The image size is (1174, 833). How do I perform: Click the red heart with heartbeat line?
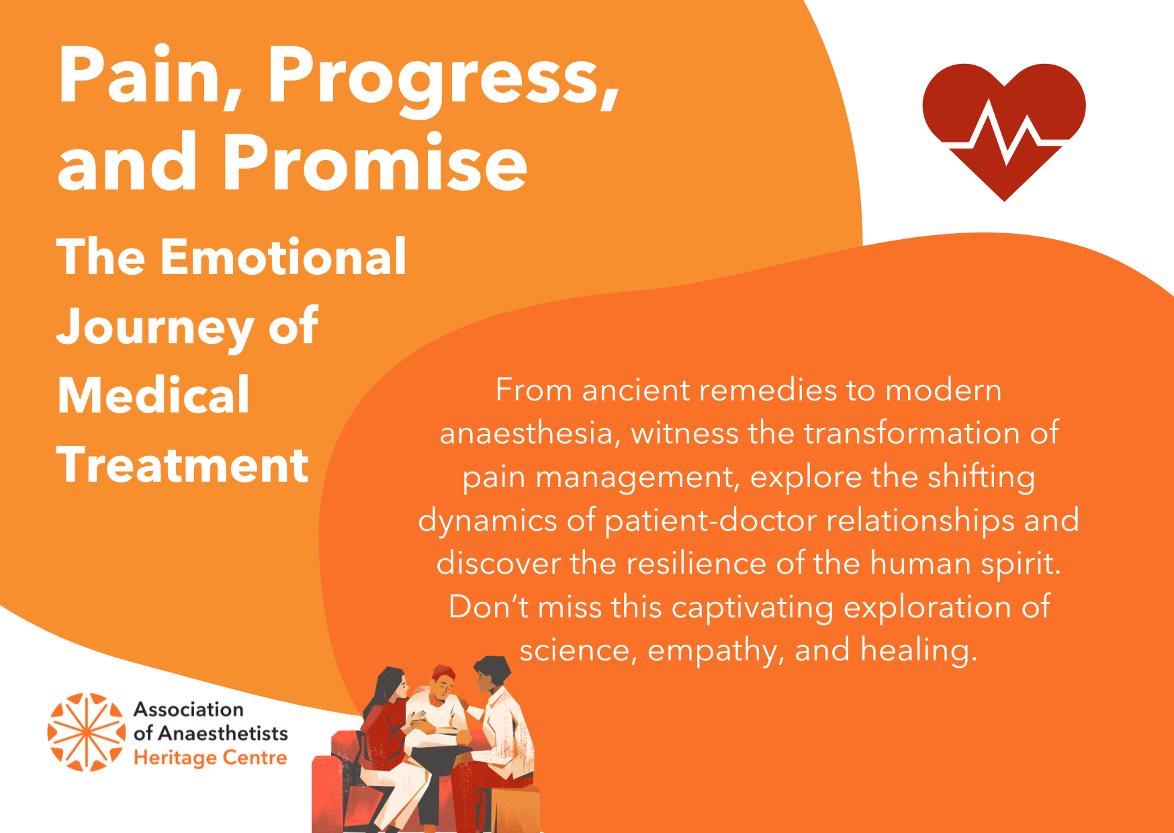(x=1004, y=128)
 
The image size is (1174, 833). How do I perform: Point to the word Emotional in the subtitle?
(x=283, y=257)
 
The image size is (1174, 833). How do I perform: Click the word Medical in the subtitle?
(x=154, y=395)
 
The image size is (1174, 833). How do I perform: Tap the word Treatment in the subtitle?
(x=183, y=465)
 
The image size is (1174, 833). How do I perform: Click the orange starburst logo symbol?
(x=87, y=732)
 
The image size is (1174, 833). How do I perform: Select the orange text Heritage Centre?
(x=210, y=758)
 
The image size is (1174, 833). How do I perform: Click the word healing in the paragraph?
(x=919, y=650)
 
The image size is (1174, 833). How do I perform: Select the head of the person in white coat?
(x=492, y=674)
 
